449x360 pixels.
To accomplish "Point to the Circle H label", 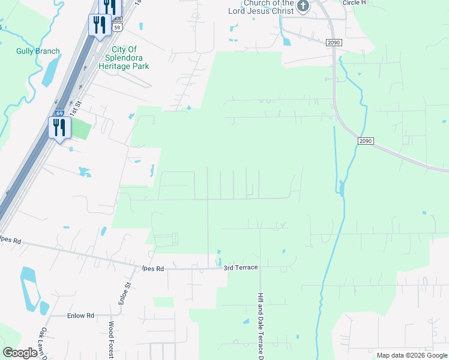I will tap(354, 3).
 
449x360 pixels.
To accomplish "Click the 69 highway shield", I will tap(59, 113).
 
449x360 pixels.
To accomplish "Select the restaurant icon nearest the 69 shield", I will tap(59, 127).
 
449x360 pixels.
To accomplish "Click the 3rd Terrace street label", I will tap(240, 267).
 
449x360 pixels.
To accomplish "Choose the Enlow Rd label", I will tap(81, 315).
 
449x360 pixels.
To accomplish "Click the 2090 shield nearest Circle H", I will tap(334, 42).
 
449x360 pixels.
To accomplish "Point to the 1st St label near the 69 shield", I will tap(74, 110).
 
